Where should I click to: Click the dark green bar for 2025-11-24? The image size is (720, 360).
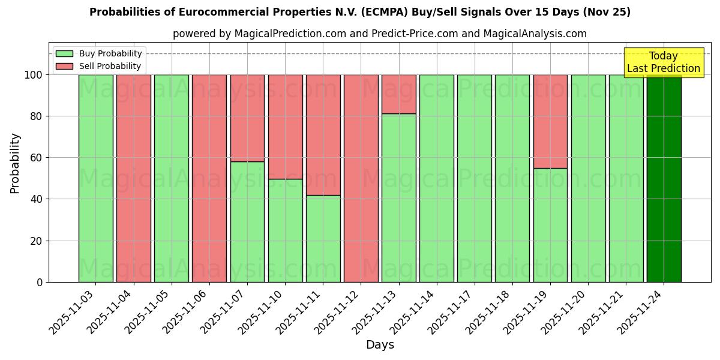(x=664, y=178)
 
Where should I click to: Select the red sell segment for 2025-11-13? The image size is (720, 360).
(x=398, y=94)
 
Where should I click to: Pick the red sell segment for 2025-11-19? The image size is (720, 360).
(x=550, y=121)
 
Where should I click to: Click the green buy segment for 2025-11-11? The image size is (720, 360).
(x=323, y=238)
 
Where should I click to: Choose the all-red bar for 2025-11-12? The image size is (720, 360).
(x=361, y=178)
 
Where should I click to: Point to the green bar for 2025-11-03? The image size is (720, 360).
(x=95, y=178)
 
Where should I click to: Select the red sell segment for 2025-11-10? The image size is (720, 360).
(x=285, y=127)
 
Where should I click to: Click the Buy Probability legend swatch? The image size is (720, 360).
(x=64, y=54)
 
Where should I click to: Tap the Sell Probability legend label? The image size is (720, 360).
(x=110, y=66)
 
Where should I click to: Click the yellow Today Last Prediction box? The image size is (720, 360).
(x=663, y=62)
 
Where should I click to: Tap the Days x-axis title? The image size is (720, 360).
(x=380, y=345)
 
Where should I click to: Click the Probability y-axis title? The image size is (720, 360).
(x=15, y=163)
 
